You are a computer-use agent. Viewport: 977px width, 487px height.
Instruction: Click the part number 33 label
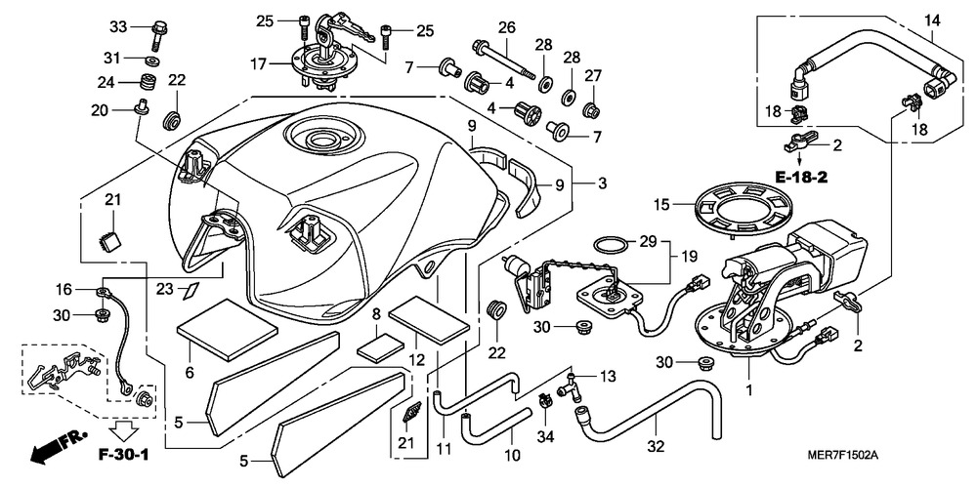click(x=118, y=25)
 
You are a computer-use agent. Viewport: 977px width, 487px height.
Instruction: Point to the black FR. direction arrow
click(x=53, y=450)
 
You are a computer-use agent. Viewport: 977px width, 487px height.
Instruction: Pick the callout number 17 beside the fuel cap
click(x=258, y=65)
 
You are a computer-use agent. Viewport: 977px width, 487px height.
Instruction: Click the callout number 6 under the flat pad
click(x=189, y=372)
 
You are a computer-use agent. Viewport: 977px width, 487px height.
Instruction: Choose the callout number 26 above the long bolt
click(x=506, y=26)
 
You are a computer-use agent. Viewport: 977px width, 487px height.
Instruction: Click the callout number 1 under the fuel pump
click(x=749, y=389)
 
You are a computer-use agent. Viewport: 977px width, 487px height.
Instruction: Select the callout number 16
click(x=64, y=290)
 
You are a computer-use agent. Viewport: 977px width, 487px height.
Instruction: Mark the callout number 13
click(x=607, y=376)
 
